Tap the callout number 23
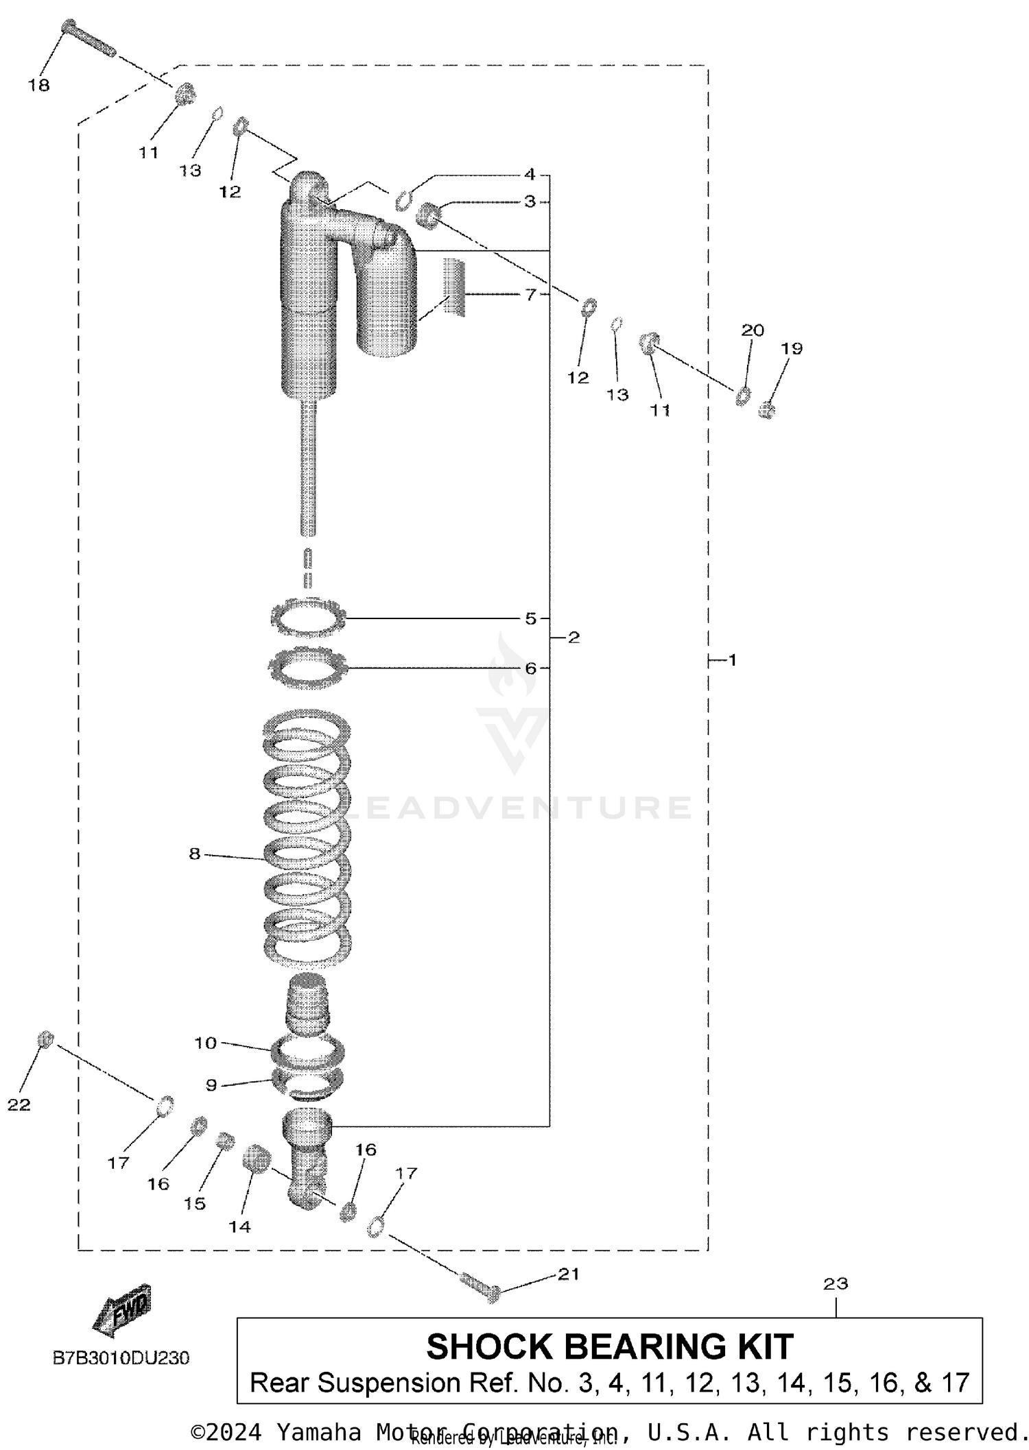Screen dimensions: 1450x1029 pyautogui.click(x=836, y=1283)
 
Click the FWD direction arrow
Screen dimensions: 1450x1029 pyautogui.click(x=121, y=1311)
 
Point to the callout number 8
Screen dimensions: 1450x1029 pyautogui.click(x=195, y=854)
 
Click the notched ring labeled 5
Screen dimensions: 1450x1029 pyautogui.click(x=307, y=618)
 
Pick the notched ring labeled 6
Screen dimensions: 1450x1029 pyautogui.click(x=307, y=666)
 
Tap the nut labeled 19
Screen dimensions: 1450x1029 pyautogui.click(x=767, y=411)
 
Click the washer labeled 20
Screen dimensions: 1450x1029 pyautogui.click(x=742, y=396)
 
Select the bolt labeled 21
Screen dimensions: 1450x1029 pyautogui.click(x=481, y=1292)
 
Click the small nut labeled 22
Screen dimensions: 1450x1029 pyautogui.click(x=45, y=1039)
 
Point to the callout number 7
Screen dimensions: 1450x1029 pyautogui.click(x=530, y=294)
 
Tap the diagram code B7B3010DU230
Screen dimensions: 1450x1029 pyautogui.click(x=121, y=1358)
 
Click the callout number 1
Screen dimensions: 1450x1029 pyautogui.click(x=732, y=660)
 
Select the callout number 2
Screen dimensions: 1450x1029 pyautogui.click(x=574, y=638)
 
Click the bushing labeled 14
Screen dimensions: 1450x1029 pyautogui.click(x=256, y=1159)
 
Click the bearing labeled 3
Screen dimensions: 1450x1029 pyautogui.click(x=429, y=215)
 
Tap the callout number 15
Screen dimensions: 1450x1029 pyautogui.click(x=195, y=1203)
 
